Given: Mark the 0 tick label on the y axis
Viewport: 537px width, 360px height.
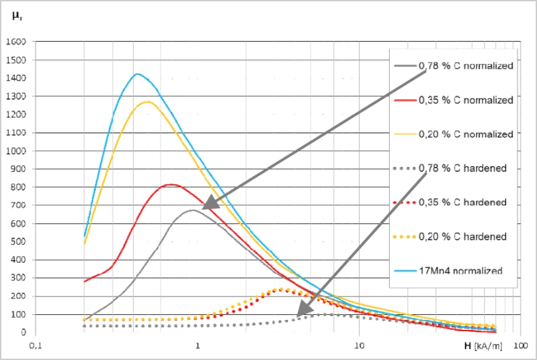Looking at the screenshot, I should [22, 333].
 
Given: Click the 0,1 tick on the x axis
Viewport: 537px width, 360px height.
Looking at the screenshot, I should [35, 344].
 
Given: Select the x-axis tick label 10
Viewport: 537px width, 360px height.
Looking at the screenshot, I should [359, 344].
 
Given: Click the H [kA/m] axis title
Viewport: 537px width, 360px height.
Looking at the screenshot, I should [485, 343].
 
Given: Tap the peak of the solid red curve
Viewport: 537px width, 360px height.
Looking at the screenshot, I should [171, 185].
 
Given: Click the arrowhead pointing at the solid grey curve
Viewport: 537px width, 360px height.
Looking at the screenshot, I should [205, 207].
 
